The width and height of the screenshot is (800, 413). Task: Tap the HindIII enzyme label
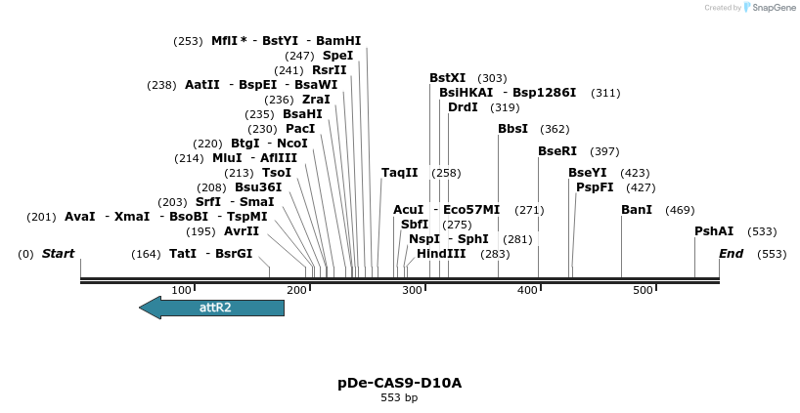441,254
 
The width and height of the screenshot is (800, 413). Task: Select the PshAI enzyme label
714,231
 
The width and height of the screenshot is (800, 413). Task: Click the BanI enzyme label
636,210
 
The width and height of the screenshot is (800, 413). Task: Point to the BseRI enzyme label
557,151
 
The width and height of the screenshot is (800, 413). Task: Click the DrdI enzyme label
463,107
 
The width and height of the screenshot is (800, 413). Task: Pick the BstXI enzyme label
448,78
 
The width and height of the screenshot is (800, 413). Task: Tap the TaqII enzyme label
400,173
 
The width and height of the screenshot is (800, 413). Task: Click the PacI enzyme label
300,129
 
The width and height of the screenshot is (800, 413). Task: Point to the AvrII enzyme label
242,231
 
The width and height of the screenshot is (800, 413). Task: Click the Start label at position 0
58,254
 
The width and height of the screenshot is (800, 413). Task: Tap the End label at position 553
731,254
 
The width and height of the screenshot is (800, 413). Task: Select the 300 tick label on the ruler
412,291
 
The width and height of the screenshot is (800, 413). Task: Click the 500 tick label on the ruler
643,291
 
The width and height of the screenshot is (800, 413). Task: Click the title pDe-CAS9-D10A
399,383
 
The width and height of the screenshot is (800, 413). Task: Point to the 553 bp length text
399,397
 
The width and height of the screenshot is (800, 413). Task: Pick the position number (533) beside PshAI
762,231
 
